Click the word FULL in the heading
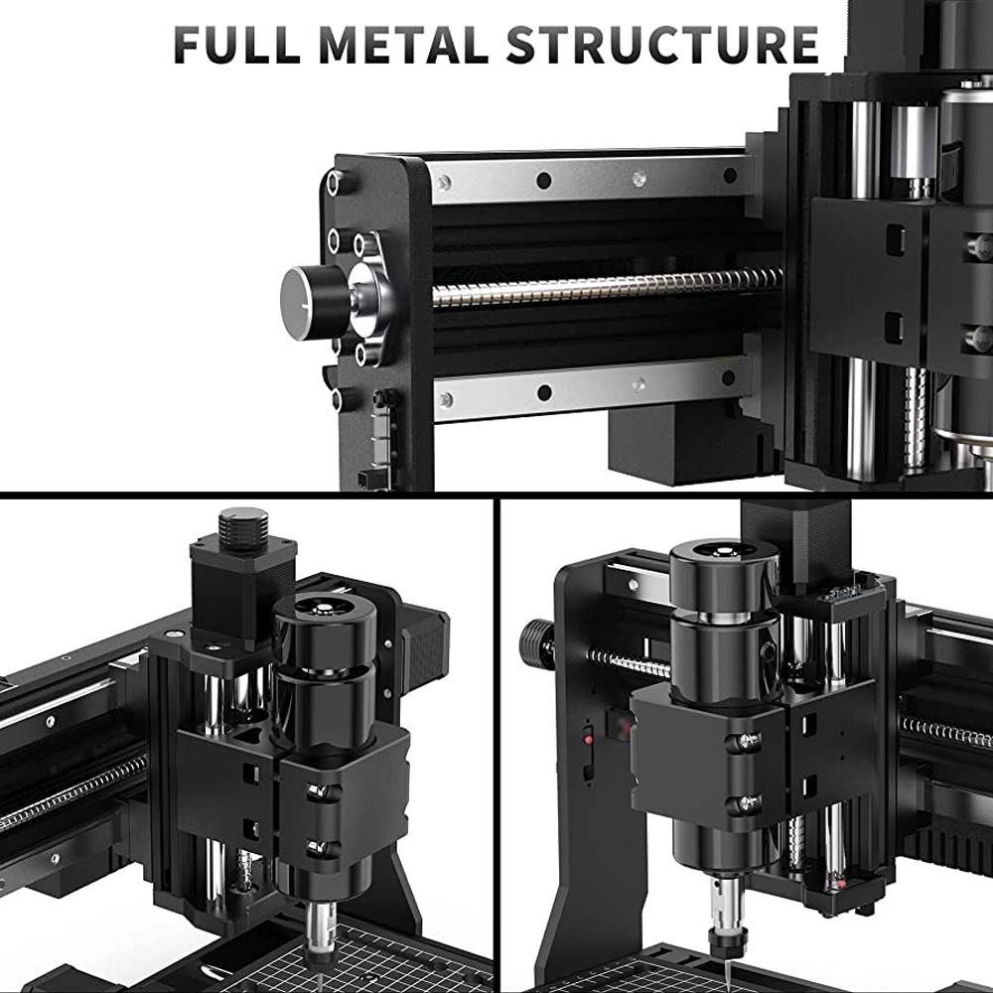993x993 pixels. (x=237, y=45)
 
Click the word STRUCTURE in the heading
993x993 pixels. (x=662, y=45)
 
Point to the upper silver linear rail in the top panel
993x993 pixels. (x=590, y=177)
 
